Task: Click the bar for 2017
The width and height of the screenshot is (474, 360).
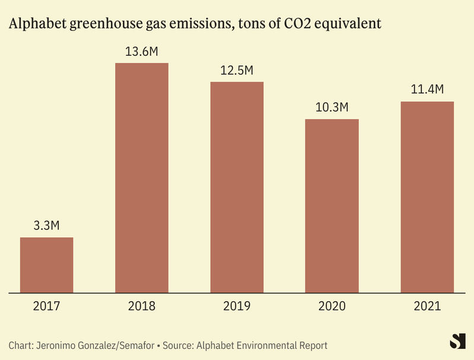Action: tap(47, 265)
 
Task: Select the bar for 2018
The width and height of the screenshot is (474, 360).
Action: tap(142, 178)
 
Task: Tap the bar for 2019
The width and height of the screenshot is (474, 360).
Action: tap(237, 187)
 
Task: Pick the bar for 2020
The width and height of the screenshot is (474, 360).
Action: tap(332, 206)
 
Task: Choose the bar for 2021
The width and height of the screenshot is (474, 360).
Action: tap(427, 197)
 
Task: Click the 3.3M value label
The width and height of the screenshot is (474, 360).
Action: tap(47, 226)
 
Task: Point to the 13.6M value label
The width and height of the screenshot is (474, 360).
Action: tap(142, 52)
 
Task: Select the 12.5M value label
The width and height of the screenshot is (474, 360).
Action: tap(237, 71)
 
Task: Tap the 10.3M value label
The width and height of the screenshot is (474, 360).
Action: tap(332, 108)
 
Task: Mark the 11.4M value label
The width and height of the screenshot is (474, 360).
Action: tap(427, 90)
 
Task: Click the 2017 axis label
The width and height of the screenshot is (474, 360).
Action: tap(47, 307)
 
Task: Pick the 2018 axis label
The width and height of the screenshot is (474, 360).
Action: tap(142, 307)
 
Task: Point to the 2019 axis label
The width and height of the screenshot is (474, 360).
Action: tap(237, 307)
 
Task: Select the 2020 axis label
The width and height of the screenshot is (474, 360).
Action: tap(332, 307)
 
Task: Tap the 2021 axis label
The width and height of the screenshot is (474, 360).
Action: tap(427, 307)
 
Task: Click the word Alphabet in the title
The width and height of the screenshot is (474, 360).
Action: tap(36, 24)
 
